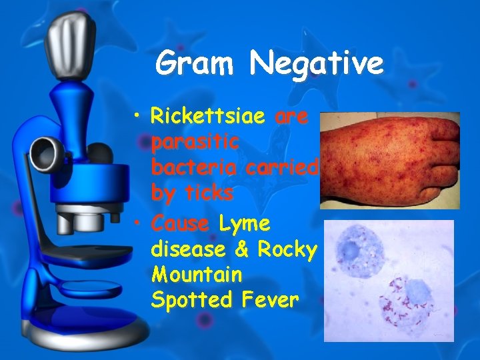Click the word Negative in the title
pyautogui.click(x=317, y=65)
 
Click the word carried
pyautogui.click(x=283, y=168)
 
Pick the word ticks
pyautogui.click(x=206, y=193)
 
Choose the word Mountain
pyautogui.click(x=197, y=274)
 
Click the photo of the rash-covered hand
pyautogui.click(x=389, y=160)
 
